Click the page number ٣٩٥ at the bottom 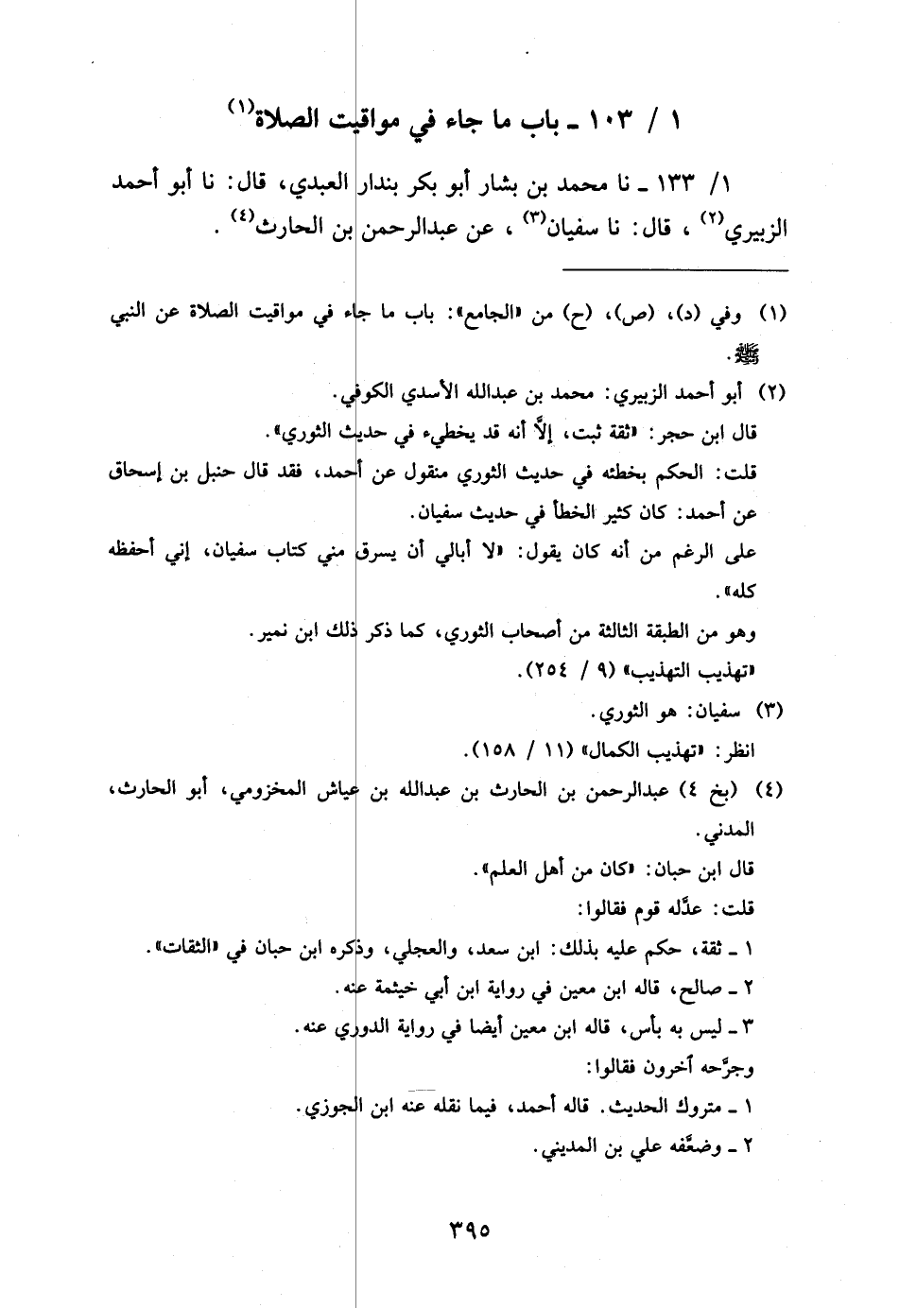[x=468, y=1232]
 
